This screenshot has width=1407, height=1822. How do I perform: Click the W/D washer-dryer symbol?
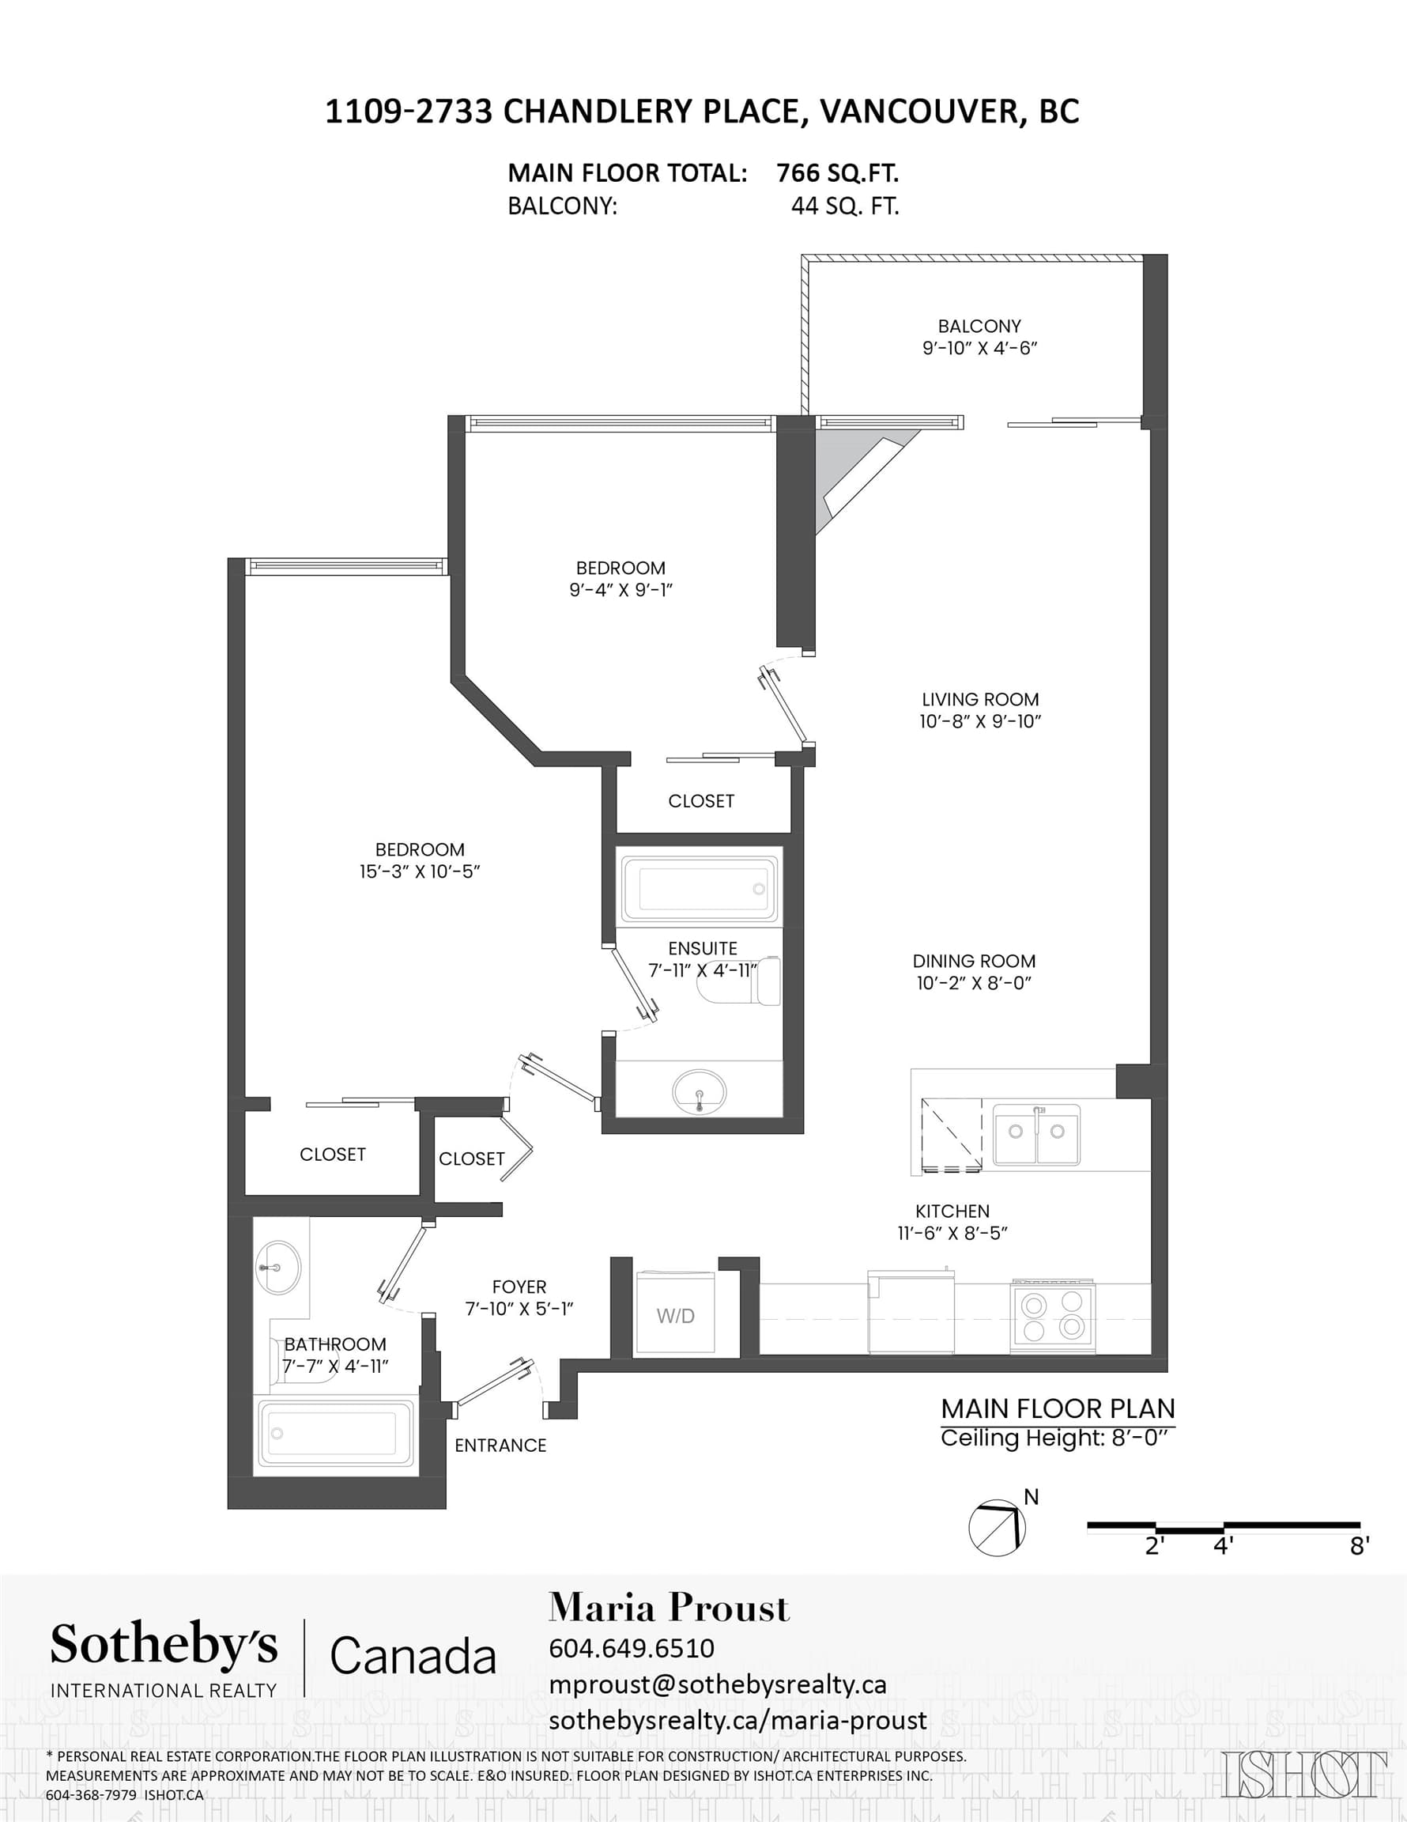click(x=676, y=1312)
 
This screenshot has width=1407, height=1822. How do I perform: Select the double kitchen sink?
click(x=1037, y=1135)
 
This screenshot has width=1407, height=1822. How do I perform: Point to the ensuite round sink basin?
click(x=699, y=1091)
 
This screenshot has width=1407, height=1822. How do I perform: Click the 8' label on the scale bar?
click(x=1360, y=1547)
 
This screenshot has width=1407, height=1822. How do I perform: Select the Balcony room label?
click(x=979, y=326)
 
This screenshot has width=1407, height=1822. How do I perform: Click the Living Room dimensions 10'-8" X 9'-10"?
click(x=980, y=722)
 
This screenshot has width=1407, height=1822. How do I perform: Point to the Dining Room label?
click(x=974, y=961)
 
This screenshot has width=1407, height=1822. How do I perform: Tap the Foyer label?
click(x=519, y=1287)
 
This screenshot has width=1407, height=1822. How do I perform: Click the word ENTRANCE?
click(x=500, y=1446)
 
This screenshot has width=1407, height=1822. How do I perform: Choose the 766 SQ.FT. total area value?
click(x=837, y=173)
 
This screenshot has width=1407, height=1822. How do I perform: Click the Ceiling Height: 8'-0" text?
click(x=1058, y=1438)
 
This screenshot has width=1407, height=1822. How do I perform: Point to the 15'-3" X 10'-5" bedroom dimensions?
click(x=420, y=871)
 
